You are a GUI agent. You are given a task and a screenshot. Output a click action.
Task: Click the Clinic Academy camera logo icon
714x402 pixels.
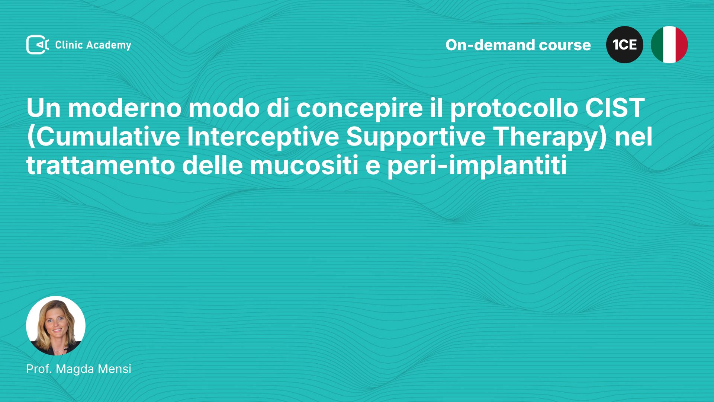tap(38, 45)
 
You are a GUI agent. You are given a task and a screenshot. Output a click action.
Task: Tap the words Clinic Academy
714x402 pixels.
tap(93, 45)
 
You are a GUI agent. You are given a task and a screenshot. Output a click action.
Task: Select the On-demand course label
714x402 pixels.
tap(518, 45)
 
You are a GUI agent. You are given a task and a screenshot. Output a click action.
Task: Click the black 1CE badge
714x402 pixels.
tap(625, 45)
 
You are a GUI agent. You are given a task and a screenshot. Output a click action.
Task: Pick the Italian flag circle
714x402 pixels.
tap(669, 45)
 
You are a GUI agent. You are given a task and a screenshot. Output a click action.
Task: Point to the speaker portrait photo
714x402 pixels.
tap(56, 326)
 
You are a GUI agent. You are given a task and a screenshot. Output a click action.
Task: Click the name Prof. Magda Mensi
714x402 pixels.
tap(79, 369)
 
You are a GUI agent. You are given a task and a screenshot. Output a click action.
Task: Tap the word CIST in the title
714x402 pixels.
tap(615, 108)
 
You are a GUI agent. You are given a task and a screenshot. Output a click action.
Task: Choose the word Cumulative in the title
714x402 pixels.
tap(104, 137)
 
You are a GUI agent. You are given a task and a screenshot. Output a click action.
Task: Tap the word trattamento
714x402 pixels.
tap(101, 166)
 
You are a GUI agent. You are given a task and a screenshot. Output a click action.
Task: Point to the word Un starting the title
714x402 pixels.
tap(44, 108)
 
